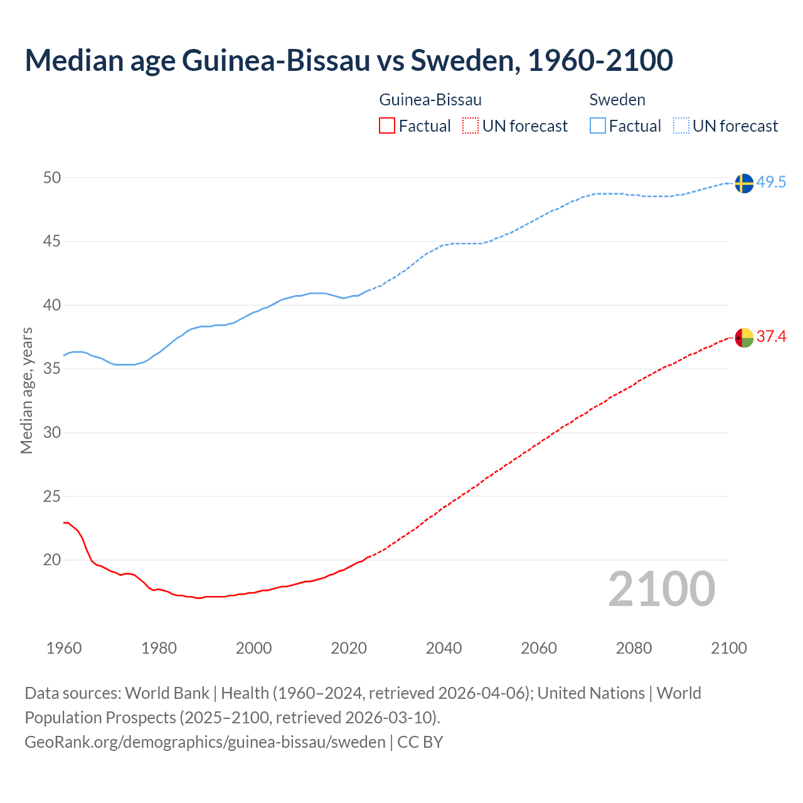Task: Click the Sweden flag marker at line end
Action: (x=743, y=183)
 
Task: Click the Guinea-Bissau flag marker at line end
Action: (x=743, y=338)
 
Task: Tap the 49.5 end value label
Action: (x=771, y=183)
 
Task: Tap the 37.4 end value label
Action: (x=771, y=337)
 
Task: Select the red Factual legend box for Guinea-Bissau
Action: (x=387, y=126)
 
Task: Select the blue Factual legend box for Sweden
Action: (x=597, y=126)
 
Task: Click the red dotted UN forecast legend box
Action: (x=471, y=126)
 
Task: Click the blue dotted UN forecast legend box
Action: (x=681, y=126)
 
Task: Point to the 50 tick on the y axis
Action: (x=52, y=178)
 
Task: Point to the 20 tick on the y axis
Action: (x=52, y=560)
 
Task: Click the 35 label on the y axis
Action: (x=52, y=369)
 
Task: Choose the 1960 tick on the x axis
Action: (x=64, y=648)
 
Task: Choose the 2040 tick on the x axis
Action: (x=444, y=648)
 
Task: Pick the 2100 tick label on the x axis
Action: (x=728, y=648)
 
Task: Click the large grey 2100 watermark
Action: (x=661, y=588)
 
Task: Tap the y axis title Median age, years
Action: (x=26, y=390)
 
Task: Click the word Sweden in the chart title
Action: (x=462, y=60)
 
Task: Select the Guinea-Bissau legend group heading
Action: (x=430, y=100)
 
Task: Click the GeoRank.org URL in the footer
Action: (x=205, y=742)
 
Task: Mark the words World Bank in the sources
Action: (x=167, y=693)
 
